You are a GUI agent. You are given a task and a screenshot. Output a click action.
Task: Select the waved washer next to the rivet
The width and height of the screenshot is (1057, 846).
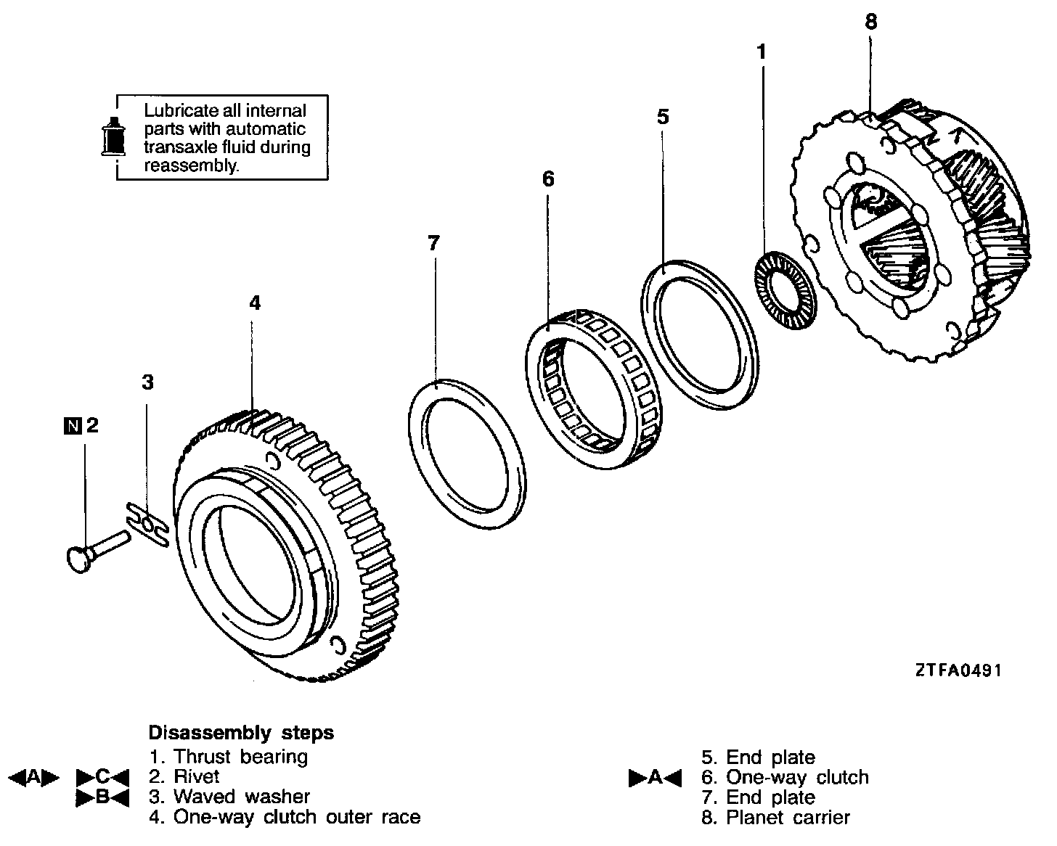pyautogui.click(x=148, y=523)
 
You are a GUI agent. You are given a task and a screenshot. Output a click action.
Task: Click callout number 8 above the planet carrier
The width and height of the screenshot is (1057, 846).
pyautogui.click(x=871, y=22)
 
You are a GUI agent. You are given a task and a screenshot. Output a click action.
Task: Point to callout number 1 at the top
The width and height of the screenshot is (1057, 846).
pyautogui.click(x=761, y=52)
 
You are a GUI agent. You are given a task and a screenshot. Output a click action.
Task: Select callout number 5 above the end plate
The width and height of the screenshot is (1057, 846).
pyautogui.click(x=663, y=117)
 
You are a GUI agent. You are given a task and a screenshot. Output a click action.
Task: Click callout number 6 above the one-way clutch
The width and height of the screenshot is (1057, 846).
pyautogui.click(x=548, y=178)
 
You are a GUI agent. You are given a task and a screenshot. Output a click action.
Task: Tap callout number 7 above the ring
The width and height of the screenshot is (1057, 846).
pyautogui.click(x=433, y=243)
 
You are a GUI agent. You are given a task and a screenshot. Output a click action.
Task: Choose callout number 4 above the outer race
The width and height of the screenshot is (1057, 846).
pyautogui.click(x=254, y=303)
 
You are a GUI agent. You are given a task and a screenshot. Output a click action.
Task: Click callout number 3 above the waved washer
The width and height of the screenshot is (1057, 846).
pyautogui.click(x=147, y=382)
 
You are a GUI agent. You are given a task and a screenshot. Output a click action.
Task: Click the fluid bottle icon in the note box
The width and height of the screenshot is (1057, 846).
pyautogui.click(x=113, y=136)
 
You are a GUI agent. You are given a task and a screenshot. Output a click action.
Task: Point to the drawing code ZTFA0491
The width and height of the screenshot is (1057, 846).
pyautogui.click(x=958, y=670)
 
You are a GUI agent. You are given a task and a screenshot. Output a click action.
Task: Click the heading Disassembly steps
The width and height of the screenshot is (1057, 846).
pyautogui.click(x=241, y=732)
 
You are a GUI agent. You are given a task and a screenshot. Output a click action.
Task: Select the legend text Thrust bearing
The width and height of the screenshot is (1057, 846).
pyautogui.click(x=240, y=757)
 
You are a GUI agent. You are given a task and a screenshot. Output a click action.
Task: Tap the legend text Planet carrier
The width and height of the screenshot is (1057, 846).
pyautogui.click(x=788, y=818)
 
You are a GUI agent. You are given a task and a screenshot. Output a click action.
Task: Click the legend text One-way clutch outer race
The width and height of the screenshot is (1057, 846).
pyautogui.click(x=297, y=817)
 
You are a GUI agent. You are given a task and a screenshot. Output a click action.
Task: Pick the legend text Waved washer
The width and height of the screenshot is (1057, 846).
pyautogui.click(x=242, y=797)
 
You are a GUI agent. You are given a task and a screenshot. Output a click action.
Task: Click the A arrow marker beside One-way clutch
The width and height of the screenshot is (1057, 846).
pyautogui.click(x=655, y=778)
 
